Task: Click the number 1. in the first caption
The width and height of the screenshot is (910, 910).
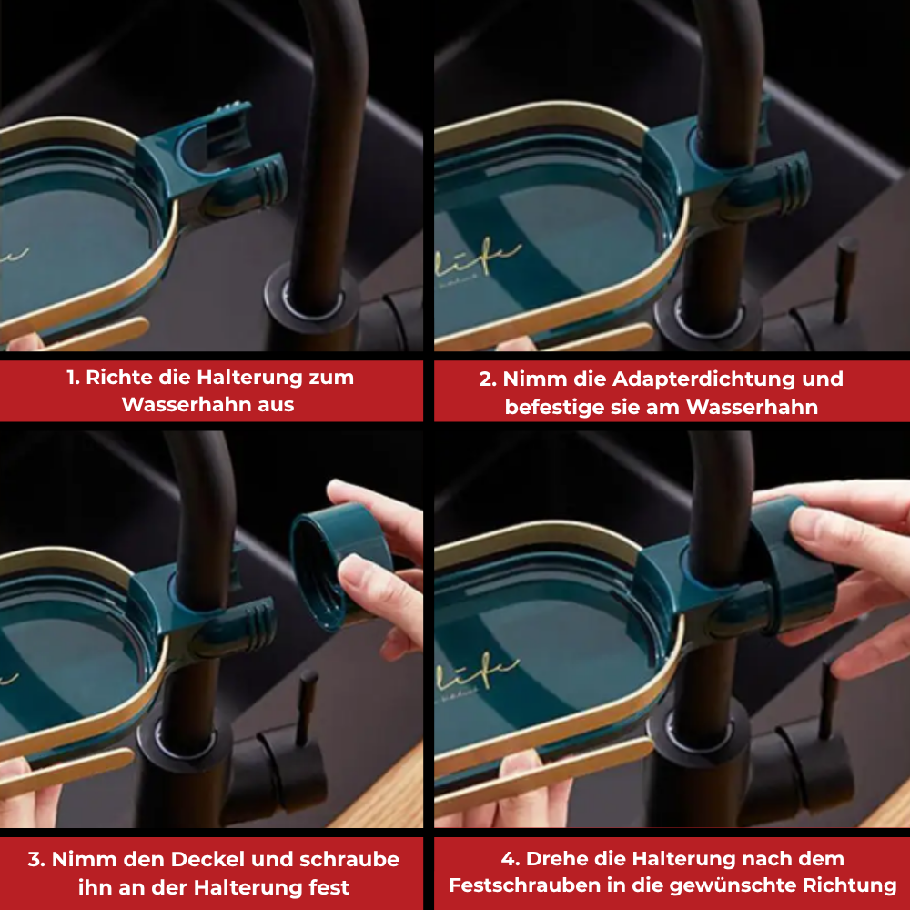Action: [x=73, y=378]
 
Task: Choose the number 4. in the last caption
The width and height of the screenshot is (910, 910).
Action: [x=511, y=859]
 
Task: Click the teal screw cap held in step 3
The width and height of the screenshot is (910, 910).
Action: [x=337, y=564]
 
